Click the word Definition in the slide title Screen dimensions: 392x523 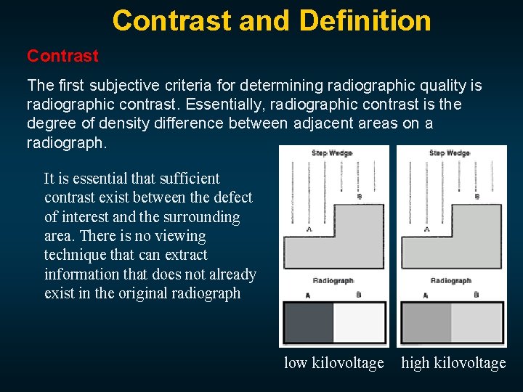tap(365, 20)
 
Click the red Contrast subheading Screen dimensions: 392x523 tap(62, 56)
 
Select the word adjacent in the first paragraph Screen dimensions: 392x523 tap(323, 123)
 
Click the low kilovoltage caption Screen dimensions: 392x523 tap(333, 363)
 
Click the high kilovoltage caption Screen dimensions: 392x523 tap(453, 363)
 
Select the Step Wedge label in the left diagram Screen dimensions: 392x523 tap(332, 153)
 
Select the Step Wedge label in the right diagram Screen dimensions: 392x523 tap(450, 153)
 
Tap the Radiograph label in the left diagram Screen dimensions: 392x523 tap(333, 280)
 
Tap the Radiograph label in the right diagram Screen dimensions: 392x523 tap(450, 280)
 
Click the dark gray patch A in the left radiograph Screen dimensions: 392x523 tap(307, 323)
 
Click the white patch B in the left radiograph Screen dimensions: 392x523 tap(359, 323)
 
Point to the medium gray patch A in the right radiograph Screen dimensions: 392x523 tap(426, 323)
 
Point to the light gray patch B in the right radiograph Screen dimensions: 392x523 tap(477, 323)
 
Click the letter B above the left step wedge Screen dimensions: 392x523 tap(360, 196)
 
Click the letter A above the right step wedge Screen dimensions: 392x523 tap(426, 229)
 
